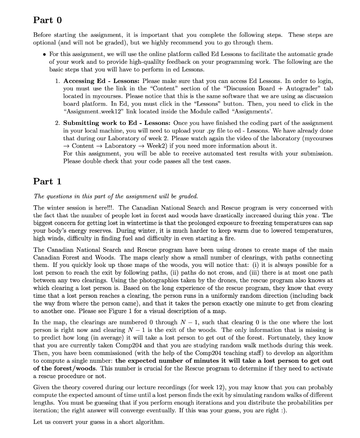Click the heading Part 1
point(48,181)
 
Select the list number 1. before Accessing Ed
point(58,81)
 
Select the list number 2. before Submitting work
point(58,123)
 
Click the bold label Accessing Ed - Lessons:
point(101,81)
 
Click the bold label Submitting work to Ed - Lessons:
point(116,123)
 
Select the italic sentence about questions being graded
point(116,196)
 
